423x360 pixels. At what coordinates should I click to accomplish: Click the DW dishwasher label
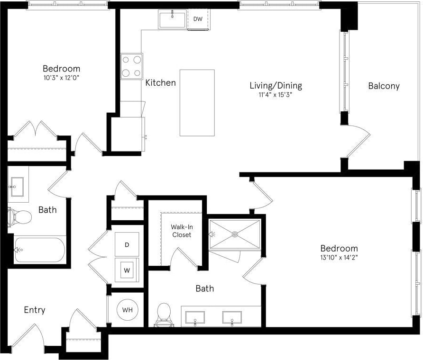198,19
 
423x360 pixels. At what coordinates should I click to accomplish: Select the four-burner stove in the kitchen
131,66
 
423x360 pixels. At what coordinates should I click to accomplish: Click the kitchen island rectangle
197,103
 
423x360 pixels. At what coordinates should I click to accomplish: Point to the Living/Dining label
276,86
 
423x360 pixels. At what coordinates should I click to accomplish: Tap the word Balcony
384,86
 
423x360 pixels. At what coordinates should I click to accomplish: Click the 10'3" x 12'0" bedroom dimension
61,77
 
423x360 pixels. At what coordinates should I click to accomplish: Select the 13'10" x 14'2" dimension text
339,258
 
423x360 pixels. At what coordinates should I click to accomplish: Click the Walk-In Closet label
182,231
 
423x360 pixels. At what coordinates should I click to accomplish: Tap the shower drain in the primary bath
235,234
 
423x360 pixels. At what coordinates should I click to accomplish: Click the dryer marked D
127,245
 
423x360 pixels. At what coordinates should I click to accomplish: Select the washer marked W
127,270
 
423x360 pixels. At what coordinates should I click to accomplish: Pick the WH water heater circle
128,310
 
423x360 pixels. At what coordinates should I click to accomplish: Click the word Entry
35,310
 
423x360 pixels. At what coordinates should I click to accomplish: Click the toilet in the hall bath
19,217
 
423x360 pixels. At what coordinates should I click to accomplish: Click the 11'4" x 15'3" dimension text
276,95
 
